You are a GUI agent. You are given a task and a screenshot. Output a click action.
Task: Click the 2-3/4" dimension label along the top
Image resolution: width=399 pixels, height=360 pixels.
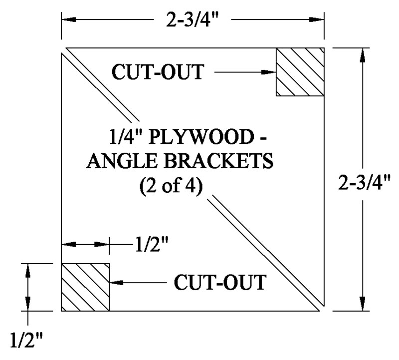click(192, 19)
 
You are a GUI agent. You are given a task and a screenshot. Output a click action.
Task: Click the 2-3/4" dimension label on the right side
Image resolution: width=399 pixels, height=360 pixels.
click(364, 182)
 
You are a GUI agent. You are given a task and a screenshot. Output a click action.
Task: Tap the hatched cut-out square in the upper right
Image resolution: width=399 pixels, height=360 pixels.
click(300, 72)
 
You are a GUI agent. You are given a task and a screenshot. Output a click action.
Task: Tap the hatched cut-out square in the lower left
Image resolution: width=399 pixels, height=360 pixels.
click(85, 287)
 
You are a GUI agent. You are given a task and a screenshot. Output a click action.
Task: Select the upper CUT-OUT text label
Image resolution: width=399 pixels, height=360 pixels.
click(158, 72)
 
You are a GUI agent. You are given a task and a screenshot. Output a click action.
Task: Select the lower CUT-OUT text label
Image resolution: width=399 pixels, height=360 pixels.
click(220, 282)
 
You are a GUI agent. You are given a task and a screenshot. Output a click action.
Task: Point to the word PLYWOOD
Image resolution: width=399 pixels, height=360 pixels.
click(201, 137)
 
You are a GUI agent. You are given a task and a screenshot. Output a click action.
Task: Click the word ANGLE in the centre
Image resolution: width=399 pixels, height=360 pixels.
click(121, 161)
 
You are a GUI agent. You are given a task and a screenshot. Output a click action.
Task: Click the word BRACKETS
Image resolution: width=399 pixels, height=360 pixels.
click(218, 161)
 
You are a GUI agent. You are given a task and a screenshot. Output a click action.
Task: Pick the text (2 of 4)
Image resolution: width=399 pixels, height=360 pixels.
click(171, 185)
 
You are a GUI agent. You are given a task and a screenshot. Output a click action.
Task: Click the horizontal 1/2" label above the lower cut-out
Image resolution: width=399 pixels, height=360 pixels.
click(152, 244)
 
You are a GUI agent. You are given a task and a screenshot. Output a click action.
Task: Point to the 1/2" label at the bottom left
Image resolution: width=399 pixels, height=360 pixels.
click(26, 340)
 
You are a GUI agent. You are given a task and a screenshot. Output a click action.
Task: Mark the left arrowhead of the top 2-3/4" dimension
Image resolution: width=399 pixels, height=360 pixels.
click(69, 19)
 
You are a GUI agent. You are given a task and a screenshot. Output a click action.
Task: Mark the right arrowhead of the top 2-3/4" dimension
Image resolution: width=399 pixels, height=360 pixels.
click(317, 19)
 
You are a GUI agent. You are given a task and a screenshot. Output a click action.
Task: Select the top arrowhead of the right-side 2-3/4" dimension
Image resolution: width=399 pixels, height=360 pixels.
click(363, 55)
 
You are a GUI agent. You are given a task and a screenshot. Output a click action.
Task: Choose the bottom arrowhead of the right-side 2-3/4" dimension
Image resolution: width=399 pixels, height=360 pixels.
click(363, 304)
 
